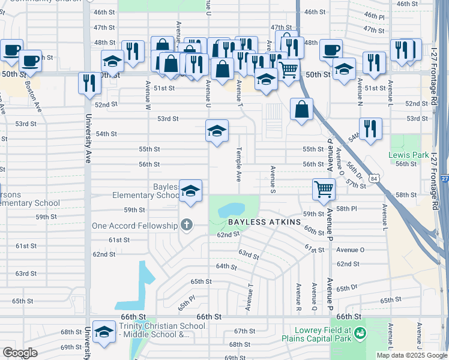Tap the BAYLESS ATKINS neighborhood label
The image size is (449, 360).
point(264,222)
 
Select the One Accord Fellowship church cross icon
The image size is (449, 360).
point(187,226)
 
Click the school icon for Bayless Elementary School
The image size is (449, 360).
point(190,191)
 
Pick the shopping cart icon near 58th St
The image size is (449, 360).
point(324,189)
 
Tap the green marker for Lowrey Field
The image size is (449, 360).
point(360,332)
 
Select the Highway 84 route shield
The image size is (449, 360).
point(374,179)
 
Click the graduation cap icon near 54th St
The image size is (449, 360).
point(217,130)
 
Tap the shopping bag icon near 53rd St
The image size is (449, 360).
point(301,109)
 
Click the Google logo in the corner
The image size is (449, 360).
point(20,353)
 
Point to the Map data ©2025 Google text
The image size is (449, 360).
point(411,355)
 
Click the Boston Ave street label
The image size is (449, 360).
point(33,93)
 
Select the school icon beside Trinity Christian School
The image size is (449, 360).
point(104,332)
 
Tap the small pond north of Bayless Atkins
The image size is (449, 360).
point(231,209)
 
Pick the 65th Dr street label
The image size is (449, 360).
point(347,289)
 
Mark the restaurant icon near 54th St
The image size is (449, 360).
point(370,127)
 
